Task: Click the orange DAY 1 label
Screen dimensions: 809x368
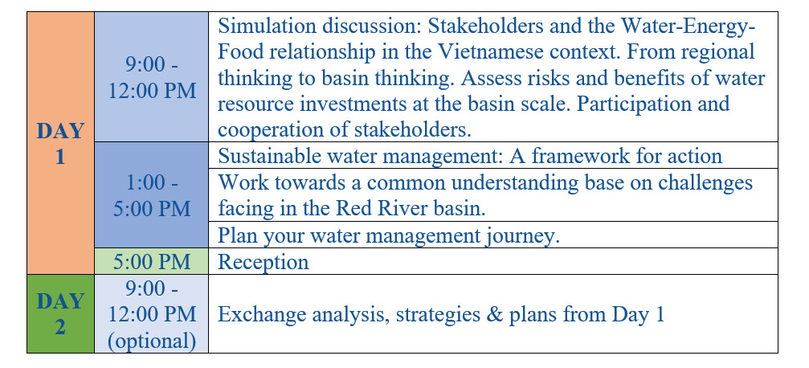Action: click(60, 144)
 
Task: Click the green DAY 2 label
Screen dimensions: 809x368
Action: click(60, 314)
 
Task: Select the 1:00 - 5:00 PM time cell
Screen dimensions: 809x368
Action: click(152, 195)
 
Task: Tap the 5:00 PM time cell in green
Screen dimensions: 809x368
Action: click(152, 262)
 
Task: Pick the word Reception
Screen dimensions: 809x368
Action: click(264, 262)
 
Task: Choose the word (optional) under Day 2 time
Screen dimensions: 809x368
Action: click(152, 341)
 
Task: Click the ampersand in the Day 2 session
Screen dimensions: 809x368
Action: click(494, 314)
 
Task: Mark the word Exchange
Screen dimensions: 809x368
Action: click(259, 314)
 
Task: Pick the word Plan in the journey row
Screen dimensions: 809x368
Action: click(238, 236)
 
